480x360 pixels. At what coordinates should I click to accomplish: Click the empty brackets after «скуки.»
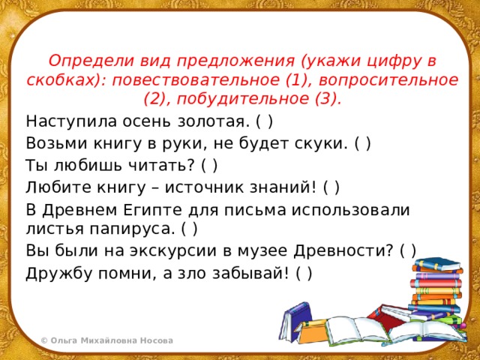(363, 143)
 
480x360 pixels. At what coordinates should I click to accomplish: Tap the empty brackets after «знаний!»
(331, 187)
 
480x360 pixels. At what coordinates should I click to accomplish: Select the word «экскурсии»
(178, 251)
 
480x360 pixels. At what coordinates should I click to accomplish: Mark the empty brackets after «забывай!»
(304, 273)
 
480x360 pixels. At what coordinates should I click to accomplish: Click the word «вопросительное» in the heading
(388, 80)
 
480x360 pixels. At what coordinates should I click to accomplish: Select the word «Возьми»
(58, 143)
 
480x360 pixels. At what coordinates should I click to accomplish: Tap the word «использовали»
(350, 210)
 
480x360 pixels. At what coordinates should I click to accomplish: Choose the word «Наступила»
(71, 121)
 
